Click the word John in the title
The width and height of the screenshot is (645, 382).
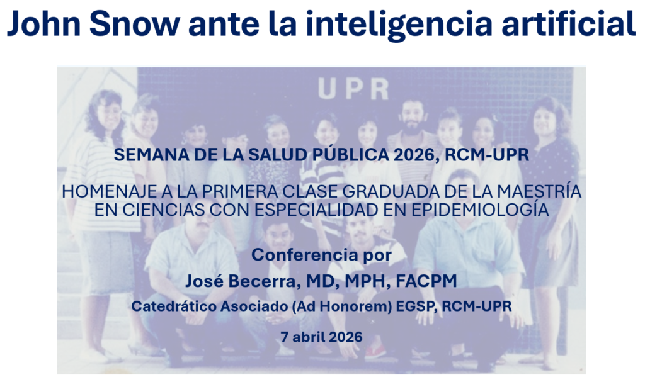pos(44,23)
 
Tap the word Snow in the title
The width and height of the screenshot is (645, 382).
pos(135,23)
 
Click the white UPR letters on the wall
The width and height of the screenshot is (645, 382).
pos(353,89)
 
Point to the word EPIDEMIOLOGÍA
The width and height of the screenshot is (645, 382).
pos(480,209)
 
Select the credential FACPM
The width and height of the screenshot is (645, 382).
pos(426,281)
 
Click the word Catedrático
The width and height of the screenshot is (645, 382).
pos(174,306)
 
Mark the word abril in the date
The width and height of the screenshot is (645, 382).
pos(308,337)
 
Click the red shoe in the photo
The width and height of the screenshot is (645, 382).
pos(375,352)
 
